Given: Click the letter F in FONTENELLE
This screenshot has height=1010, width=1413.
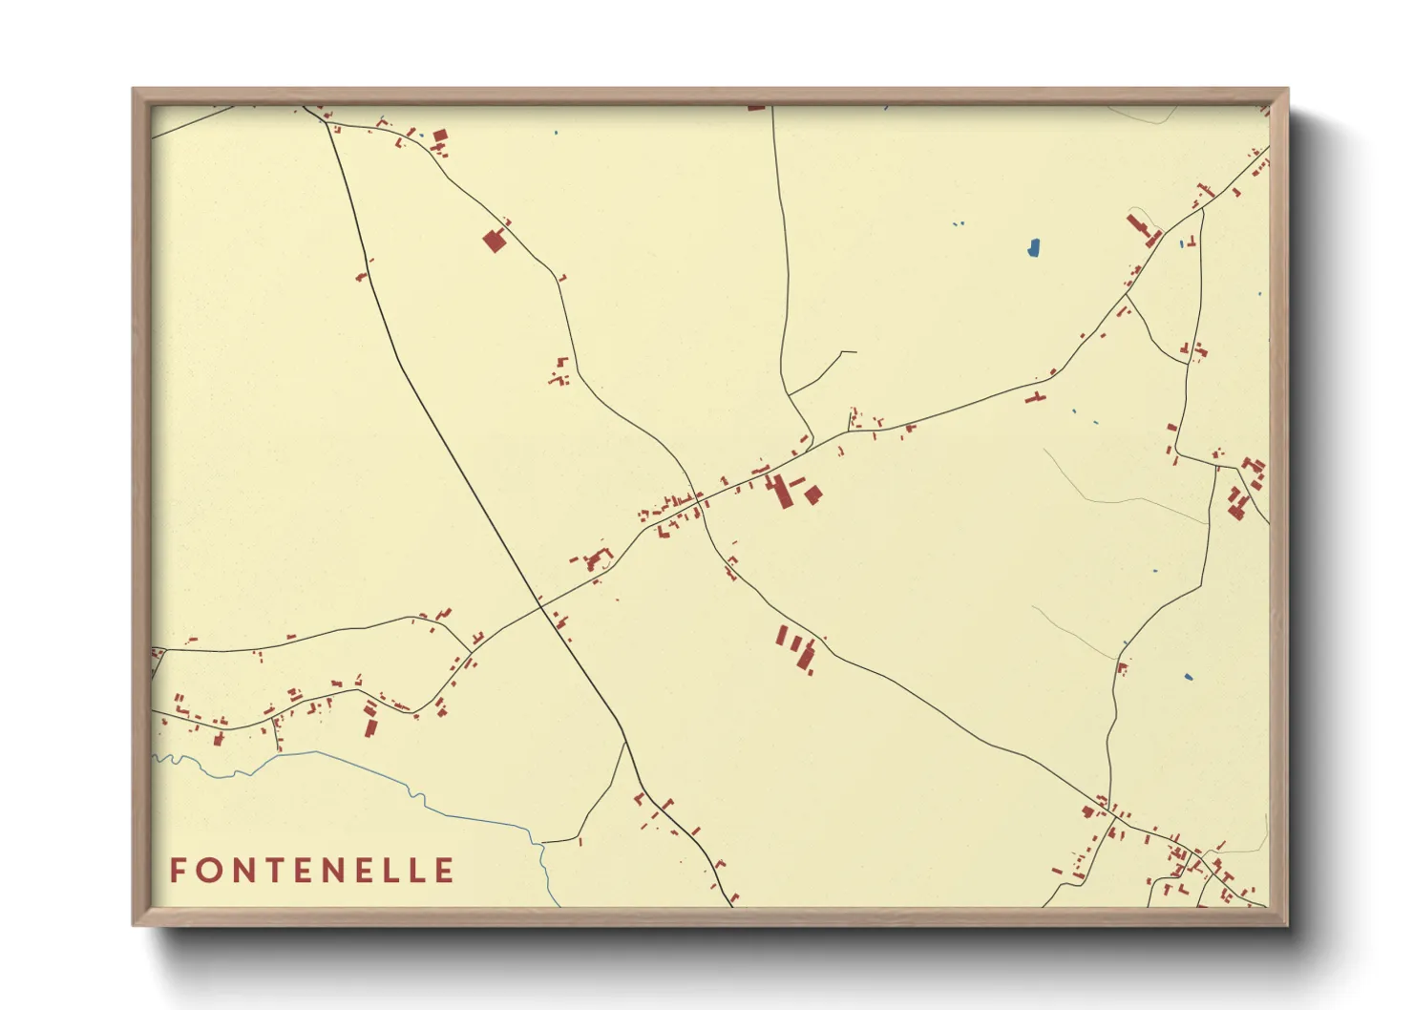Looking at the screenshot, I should [178, 871].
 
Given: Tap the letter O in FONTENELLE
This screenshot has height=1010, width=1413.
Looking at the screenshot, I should [207, 871].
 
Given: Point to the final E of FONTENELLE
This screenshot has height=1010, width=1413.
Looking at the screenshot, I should [444, 871].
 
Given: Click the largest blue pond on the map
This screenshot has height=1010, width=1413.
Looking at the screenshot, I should [1033, 248].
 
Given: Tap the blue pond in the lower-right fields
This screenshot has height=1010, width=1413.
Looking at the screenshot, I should [1189, 678].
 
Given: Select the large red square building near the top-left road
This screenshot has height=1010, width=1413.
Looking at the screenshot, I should [494, 240].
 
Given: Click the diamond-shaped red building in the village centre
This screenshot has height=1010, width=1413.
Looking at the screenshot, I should [812, 494].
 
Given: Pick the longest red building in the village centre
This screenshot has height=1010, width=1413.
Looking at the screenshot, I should [782, 493].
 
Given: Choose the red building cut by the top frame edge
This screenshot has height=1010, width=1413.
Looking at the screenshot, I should [756, 108].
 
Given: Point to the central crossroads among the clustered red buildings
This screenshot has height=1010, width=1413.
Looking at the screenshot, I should [701, 499].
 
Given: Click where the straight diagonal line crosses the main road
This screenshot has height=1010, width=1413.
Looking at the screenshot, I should [540, 605].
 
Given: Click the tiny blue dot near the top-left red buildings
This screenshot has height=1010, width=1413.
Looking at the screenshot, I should [556, 133].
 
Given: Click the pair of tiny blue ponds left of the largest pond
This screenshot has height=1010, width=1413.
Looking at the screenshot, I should [959, 224].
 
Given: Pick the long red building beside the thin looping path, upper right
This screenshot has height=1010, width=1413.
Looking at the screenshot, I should [1139, 229].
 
